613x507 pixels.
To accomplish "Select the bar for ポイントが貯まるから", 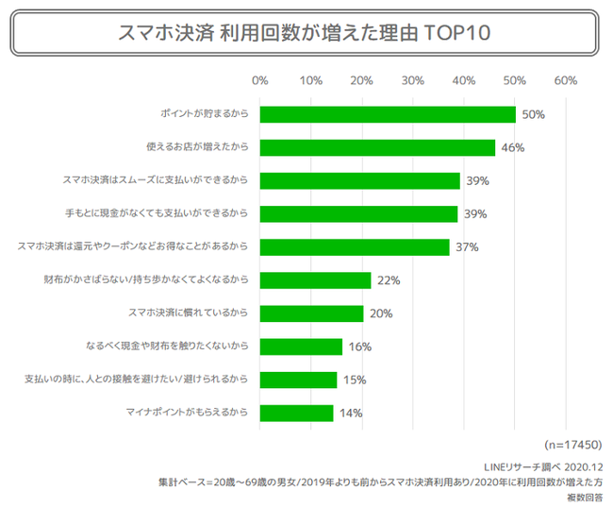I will click(388, 114).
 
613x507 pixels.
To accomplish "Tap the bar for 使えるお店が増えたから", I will click(377, 147).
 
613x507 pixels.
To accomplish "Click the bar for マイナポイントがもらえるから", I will click(296, 413).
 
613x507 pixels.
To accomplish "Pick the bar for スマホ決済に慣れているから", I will click(311, 313).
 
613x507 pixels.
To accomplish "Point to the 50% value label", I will click(533, 114).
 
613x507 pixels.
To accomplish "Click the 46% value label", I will click(512, 147).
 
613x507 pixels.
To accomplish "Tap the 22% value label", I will click(389, 280).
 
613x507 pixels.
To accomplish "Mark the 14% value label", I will click(349, 413).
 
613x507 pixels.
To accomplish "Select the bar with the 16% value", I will click(301, 346).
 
